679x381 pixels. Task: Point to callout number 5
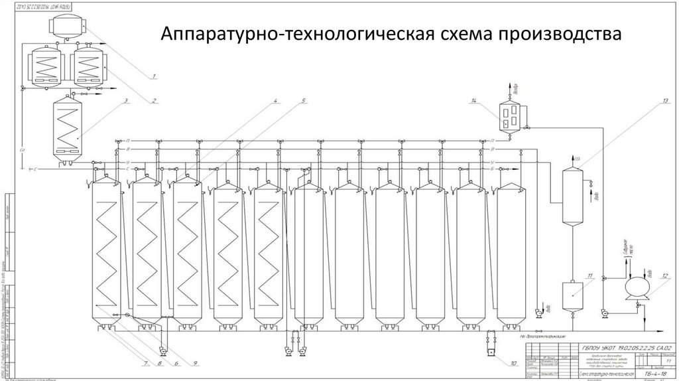coord(302,101)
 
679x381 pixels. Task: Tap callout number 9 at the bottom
coord(196,363)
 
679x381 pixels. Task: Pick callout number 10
coord(513,363)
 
